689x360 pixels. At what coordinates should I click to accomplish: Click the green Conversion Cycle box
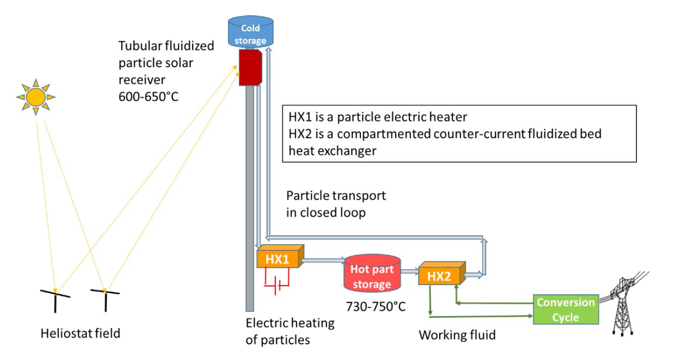pos(566,309)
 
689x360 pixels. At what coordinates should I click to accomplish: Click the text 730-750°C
pos(376,306)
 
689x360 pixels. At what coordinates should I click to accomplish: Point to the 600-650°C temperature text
pos(148,96)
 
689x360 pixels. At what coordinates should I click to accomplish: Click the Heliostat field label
pos(81,333)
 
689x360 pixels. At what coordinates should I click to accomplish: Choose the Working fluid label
pos(457,335)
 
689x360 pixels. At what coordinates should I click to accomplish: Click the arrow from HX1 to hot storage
pos(324,260)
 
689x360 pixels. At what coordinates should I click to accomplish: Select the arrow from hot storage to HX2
pos(408,272)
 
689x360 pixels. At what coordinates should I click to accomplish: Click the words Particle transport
pos(336,196)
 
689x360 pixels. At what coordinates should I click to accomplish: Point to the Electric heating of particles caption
pos(290,331)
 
